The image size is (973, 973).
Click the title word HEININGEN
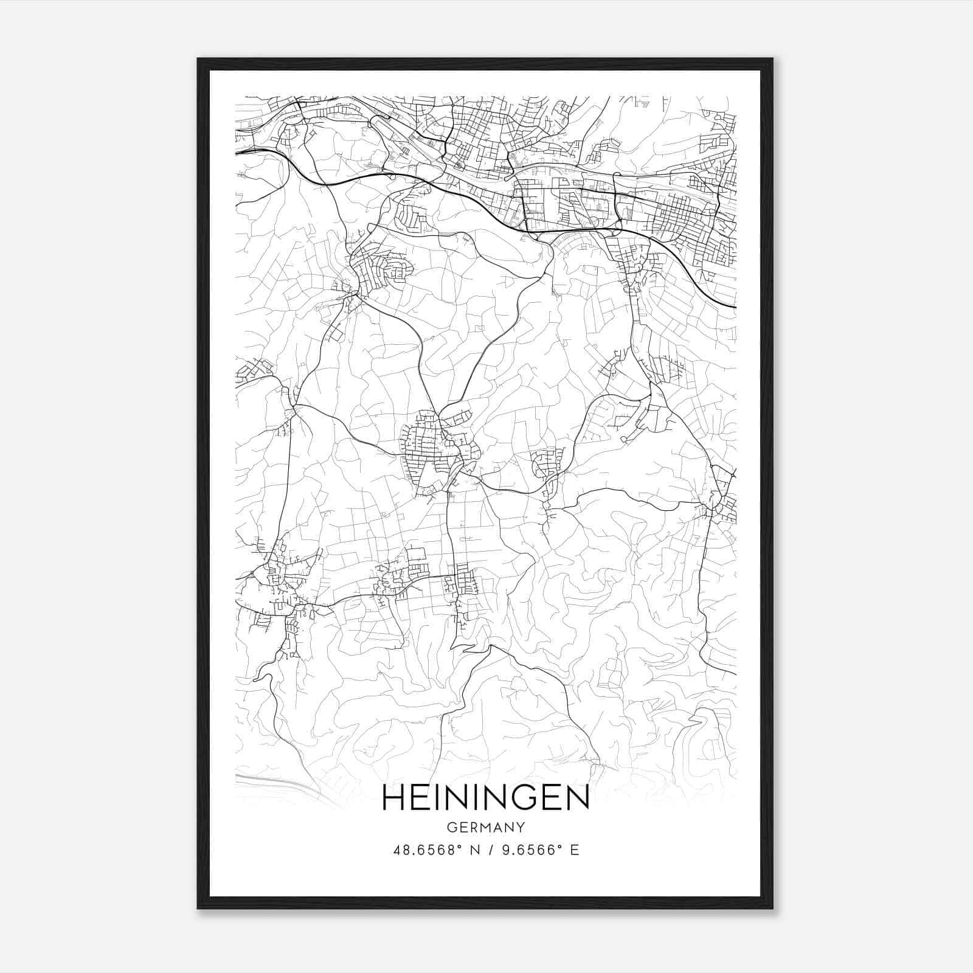[x=486, y=798]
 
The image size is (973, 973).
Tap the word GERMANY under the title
[x=486, y=828]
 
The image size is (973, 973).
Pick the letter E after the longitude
[x=574, y=850]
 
